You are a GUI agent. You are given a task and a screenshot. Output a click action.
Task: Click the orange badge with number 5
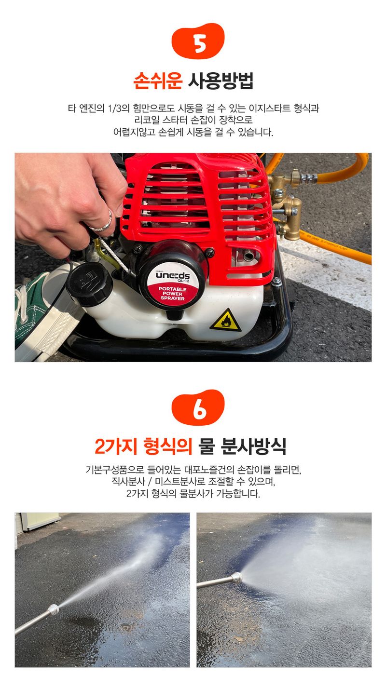(x=198, y=41)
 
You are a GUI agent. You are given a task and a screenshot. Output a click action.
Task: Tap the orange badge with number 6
(x=198, y=408)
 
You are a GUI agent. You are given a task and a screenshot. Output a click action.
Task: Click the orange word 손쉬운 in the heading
(x=158, y=81)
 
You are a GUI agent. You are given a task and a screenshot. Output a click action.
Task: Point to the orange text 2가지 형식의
(x=143, y=446)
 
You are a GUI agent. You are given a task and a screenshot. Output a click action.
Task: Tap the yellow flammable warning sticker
(x=225, y=320)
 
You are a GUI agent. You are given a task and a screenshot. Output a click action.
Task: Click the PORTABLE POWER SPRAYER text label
(x=172, y=294)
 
